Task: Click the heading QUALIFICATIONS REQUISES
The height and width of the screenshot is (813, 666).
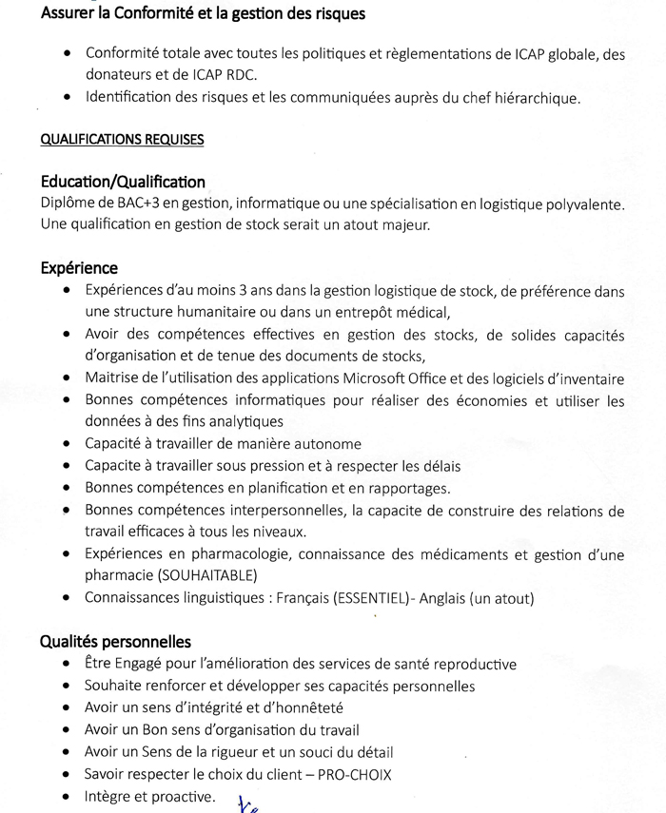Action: (122, 140)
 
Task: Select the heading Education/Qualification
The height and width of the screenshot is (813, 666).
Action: (123, 182)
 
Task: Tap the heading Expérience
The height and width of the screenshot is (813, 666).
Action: (79, 269)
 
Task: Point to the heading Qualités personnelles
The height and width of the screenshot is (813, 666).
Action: (115, 642)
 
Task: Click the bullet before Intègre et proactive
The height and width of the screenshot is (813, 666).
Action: (65, 797)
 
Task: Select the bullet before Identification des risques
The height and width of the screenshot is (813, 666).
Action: (65, 97)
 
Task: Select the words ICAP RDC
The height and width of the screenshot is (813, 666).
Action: (226, 74)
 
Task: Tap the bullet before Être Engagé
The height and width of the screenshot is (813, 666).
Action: (65, 665)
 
